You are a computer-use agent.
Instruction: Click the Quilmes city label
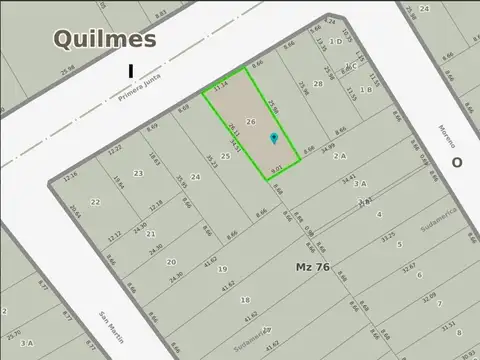pyautogui.click(x=104, y=39)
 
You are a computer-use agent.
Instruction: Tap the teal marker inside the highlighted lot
pyautogui.click(x=274, y=138)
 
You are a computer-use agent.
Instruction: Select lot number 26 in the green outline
pyautogui.click(x=251, y=122)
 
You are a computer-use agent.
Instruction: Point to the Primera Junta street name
pyautogui.click(x=139, y=91)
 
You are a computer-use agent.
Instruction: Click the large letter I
pyautogui.click(x=130, y=70)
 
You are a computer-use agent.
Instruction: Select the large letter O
pyautogui.click(x=456, y=162)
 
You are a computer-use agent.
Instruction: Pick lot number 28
pyautogui.click(x=318, y=84)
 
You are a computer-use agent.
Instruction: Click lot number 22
pyautogui.click(x=95, y=202)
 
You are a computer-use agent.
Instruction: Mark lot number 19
pyautogui.click(x=222, y=269)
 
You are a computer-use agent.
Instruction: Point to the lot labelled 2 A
pyautogui.click(x=340, y=156)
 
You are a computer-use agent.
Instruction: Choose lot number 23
pyautogui.click(x=138, y=174)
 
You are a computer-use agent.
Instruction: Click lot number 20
pyautogui.click(x=171, y=262)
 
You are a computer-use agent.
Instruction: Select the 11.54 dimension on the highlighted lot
pyautogui.click(x=221, y=87)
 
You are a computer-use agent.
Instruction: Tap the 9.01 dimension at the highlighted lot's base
pyautogui.click(x=277, y=169)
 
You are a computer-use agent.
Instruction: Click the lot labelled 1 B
pyautogui.click(x=366, y=90)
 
